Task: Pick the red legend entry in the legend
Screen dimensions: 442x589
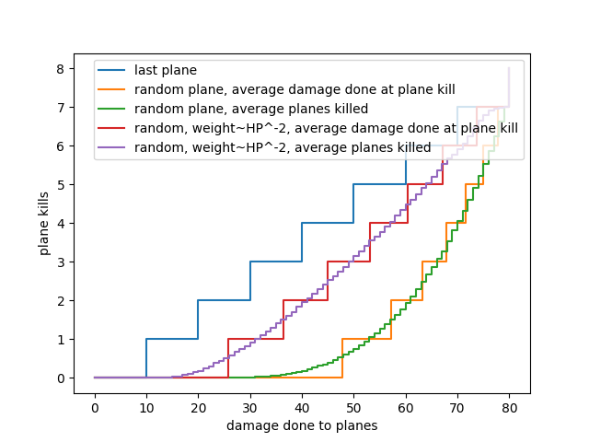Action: coord(326,128)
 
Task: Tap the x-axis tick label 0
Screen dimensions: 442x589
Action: coord(95,407)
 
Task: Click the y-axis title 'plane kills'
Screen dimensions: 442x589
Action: coord(44,224)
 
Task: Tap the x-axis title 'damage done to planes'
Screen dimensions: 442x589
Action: coord(302,425)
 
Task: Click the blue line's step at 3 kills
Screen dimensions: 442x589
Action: coord(276,262)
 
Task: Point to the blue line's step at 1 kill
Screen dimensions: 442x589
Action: coord(172,339)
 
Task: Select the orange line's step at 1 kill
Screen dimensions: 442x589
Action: coord(366,339)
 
